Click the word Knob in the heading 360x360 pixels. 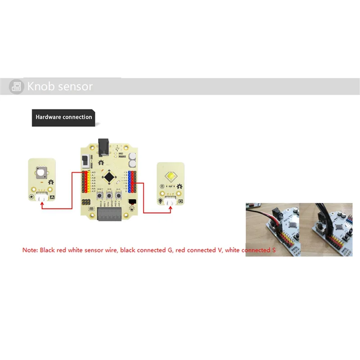point(41,86)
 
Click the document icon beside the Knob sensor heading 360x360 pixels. point(17,86)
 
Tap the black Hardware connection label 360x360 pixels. point(63,117)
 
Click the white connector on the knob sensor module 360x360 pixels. point(42,197)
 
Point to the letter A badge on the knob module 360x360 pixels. point(52,197)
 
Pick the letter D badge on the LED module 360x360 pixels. point(180,201)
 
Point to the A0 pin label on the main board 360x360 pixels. point(94,172)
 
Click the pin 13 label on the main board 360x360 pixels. point(125,172)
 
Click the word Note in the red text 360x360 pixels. point(30,249)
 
